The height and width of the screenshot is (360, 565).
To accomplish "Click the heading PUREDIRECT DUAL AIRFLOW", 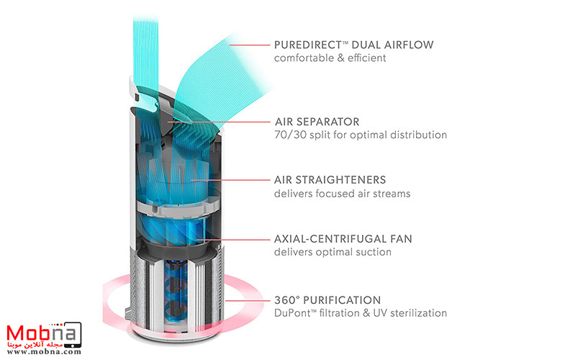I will [x=353, y=45].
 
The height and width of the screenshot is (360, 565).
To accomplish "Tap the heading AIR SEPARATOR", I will [x=317, y=122].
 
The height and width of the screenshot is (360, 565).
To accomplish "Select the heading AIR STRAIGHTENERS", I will [x=330, y=180].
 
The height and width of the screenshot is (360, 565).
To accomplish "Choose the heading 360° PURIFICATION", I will [x=327, y=300].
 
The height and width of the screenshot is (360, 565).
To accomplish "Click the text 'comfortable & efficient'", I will [x=330, y=58].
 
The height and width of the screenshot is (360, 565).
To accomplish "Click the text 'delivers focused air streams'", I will [x=343, y=193].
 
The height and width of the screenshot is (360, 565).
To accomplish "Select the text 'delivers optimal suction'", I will [x=332, y=252].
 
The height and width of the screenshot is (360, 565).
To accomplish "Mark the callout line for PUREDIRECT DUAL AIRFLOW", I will [x=248, y=45].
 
